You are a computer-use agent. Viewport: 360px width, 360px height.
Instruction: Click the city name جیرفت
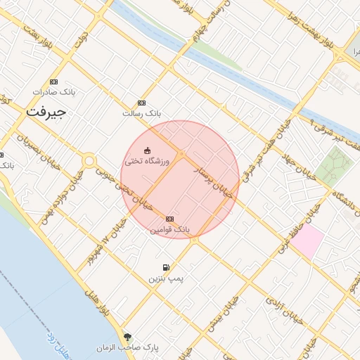(x=45, y=112)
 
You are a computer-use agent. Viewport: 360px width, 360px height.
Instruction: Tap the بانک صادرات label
(x=54, y=92)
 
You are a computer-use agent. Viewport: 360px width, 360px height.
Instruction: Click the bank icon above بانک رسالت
(x=142, y=103)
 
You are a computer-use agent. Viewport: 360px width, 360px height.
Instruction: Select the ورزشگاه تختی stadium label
(x=143, y=161)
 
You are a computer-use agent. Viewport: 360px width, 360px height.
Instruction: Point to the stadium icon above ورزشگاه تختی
(x=147, y=150)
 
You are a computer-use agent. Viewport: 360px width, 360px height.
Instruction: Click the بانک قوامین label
(x=169, y=229)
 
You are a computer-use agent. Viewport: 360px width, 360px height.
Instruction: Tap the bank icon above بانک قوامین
(x=169, y=219)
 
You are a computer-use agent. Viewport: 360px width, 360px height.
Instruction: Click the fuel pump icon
(x=165, y=268)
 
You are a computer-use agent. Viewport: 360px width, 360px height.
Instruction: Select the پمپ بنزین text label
(x=165, y=278)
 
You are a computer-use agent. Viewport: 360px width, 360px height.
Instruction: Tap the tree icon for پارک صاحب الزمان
(x=127, y=337)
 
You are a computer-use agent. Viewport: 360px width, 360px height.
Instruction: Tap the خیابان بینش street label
(x=231, y=310)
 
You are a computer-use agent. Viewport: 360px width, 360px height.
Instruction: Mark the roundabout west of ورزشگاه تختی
(x=89, y=161)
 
